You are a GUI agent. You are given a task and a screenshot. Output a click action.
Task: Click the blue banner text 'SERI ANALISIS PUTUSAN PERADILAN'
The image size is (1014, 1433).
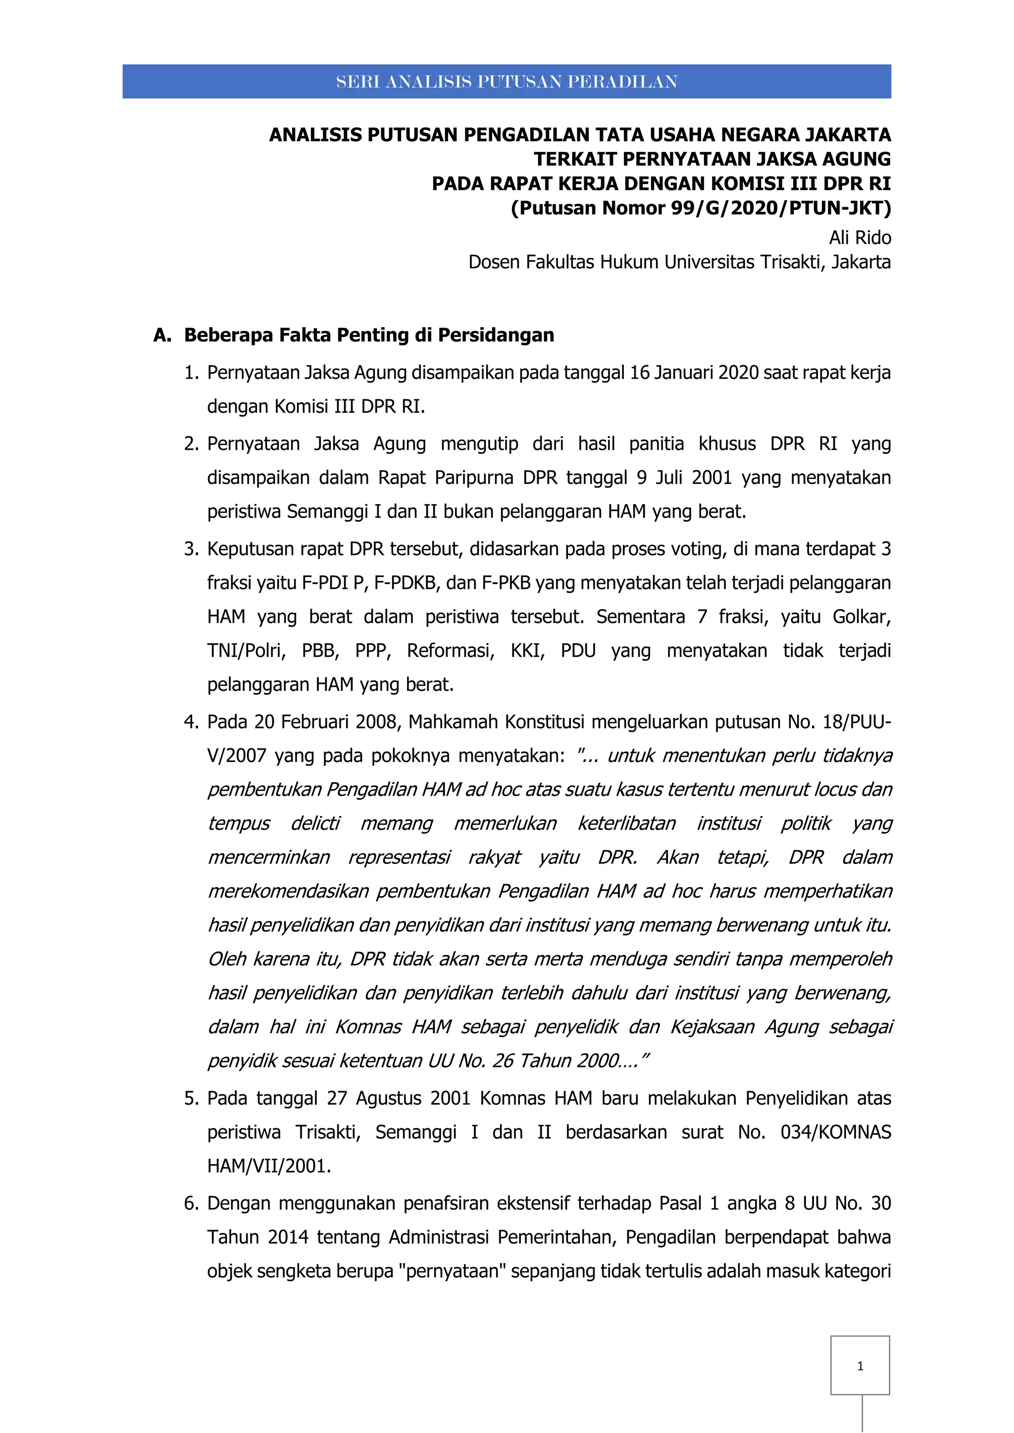(507, 82)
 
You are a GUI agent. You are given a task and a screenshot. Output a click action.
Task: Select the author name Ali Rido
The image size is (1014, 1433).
(860, 238)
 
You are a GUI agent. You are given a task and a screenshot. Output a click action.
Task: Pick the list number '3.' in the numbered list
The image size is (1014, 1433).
(191, 549)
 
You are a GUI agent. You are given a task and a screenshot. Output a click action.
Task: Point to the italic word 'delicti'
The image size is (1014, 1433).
(315, 823)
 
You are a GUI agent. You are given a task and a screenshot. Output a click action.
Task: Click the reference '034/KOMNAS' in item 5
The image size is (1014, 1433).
(835, 1132)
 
